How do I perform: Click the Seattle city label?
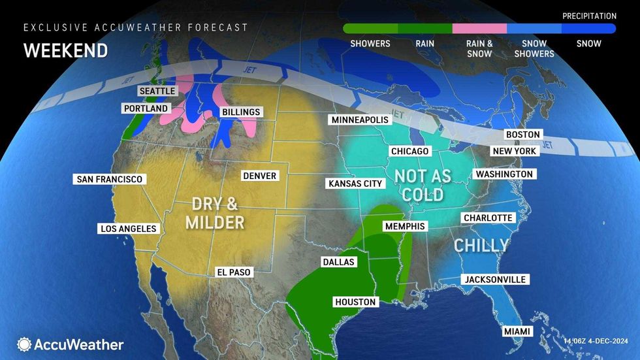[157, 91]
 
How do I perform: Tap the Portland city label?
[145, 108]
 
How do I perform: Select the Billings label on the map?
[240, 112]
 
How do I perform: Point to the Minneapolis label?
[360, 120]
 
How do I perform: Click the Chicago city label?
[409, 152]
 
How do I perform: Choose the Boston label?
[522, 135]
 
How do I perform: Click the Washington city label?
[504, 174]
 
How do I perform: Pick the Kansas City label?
[355, 184]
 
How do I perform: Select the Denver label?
[259, 176]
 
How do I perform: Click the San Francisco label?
[109, 179]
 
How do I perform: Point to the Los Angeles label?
[128, 229]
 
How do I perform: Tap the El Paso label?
[234, 272]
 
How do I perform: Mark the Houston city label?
[355, 302]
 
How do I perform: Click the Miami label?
[517, 332]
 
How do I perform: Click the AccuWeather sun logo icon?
[24, 344]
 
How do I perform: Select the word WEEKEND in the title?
[65, 50]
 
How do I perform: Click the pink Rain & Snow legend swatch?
[479, 29]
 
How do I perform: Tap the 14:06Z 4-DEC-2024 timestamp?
[599, 341]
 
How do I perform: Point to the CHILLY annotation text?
[481, 246]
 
